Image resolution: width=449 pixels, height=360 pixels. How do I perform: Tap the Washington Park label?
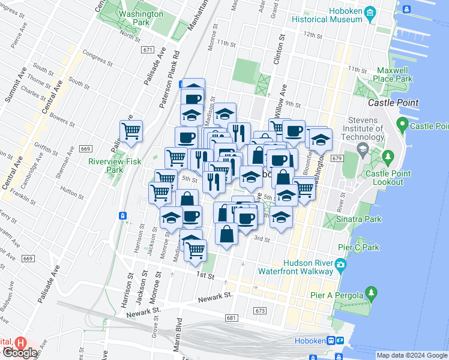pyautogui.click(x=141, y=18)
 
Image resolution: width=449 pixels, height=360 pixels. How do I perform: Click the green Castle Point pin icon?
pyautogui.click(x=402, y=126)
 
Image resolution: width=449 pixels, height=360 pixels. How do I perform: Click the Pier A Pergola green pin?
pyautogui.click(x=372, y=294)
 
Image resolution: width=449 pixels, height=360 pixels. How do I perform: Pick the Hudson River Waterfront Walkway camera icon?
pyautogui.click(x=340, y=264)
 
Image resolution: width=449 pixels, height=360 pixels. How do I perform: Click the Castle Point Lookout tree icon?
pyautogui.click(x=388, y=157)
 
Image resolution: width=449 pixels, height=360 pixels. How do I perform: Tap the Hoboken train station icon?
pyautogui.click(x=331, y=341)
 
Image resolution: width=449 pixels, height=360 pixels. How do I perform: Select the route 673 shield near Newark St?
pyautogui.click(x=259, y=310)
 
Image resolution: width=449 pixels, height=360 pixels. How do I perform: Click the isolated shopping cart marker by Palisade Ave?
pyautogui.click(x=131, y=130)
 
